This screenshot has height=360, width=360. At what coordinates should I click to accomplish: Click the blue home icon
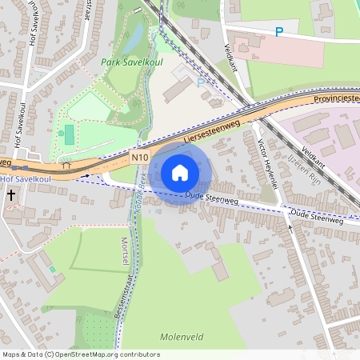(x=180, y=172)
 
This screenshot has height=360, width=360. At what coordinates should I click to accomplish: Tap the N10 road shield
(x=140, y=159)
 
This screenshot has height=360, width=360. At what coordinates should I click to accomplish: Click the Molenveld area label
(x=182, y=337)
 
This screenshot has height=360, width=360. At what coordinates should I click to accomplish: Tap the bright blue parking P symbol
(x=279, y=32)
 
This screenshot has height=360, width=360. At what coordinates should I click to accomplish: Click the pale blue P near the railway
(x=201, y=82)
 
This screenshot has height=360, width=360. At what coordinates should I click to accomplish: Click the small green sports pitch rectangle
(x=69, y=132)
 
